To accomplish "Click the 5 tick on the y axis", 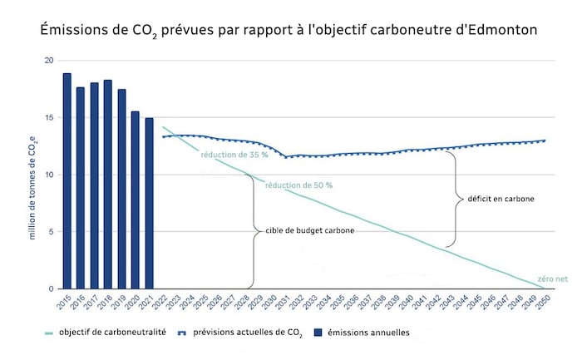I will (52, 232).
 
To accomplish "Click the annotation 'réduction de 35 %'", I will (234, 155).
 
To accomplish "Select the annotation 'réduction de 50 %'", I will (298, 185).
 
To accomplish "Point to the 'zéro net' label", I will (551, 279).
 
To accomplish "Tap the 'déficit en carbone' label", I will (501, 200).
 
